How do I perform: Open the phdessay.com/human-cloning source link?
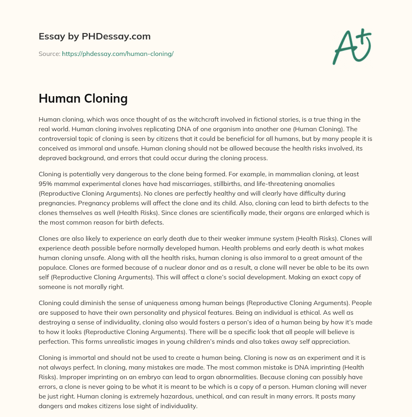click(117, 54)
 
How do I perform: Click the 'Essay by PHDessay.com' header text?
click(95, 36)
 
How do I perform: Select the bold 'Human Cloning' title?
click(83, 98)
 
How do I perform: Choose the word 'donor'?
click(188, 268)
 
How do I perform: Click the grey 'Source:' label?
click(49, 54)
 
